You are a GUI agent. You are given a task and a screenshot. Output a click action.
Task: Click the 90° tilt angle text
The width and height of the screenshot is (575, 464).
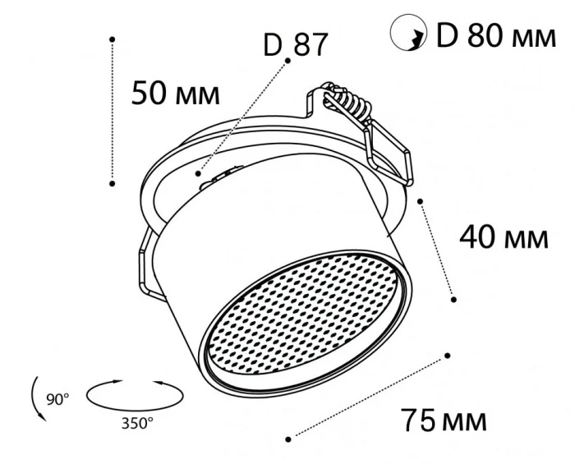point(57,400)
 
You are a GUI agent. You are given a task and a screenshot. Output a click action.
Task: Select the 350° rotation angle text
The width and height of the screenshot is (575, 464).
point(137,424)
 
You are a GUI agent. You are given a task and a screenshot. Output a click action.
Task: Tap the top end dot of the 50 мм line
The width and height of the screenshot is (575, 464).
point(113,38)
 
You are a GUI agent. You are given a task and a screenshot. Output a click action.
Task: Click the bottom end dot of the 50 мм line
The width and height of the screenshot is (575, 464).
point(113,184)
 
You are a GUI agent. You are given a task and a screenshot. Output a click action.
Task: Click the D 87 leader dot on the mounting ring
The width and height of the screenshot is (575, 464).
point(198,172)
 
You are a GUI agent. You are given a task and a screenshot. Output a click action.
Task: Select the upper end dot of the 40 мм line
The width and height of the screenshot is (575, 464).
point(420,200)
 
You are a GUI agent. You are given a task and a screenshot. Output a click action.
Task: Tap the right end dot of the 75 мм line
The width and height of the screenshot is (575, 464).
point(448,356)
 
